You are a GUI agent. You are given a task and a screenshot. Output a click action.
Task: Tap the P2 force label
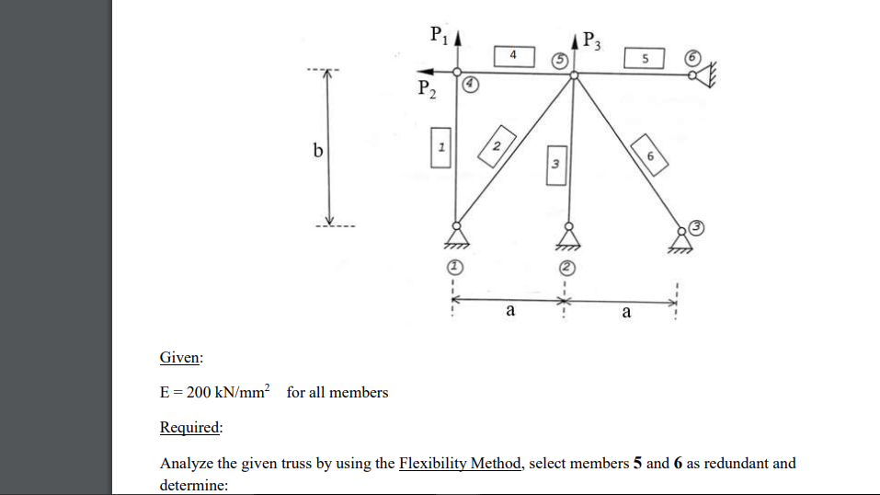coord(426,90)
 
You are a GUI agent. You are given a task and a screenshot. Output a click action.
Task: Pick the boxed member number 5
coord(646,58)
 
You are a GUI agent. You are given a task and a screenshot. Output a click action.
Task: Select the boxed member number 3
coord(556,164)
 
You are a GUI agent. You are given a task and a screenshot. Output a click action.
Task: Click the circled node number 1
coord(453,267)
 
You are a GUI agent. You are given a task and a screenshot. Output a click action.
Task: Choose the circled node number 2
coord(568,267)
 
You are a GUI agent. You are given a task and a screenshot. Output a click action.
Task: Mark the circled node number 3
coord(697,226)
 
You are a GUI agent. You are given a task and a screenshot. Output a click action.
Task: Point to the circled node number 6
coord(693,57)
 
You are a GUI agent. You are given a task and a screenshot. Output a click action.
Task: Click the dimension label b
coord(316,150)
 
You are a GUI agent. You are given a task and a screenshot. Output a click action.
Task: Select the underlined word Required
coord(190,428)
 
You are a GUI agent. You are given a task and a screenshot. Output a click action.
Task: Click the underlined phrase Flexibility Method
coord(460,463)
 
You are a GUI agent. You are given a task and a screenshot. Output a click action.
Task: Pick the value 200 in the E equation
coord(200,393)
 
